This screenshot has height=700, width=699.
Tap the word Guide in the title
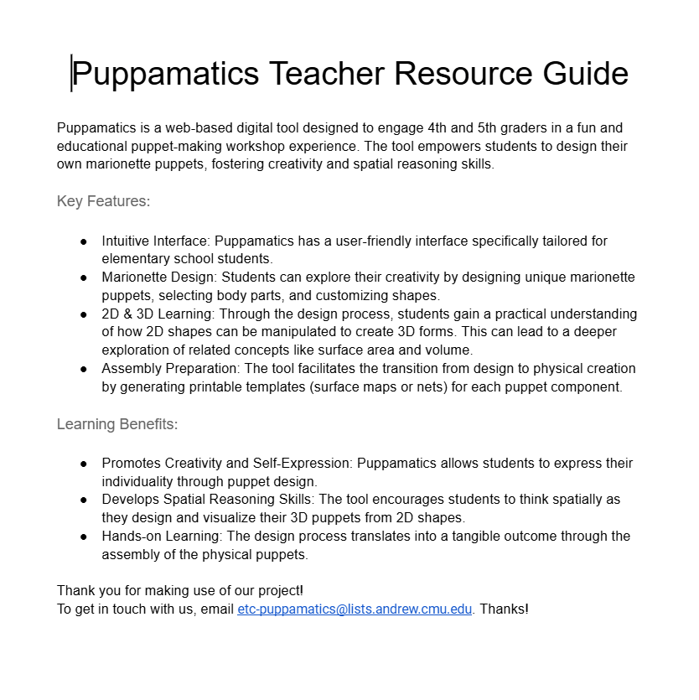[x=585, y=74]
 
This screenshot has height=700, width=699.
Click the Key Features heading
[x=103, y=201]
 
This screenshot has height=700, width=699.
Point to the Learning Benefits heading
[x=117, y=424]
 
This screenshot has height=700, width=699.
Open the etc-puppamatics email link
[x=355, y=609]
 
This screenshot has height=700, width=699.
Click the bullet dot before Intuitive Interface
[x=84, y=241]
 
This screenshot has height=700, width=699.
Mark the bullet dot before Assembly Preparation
[x=84, y=369]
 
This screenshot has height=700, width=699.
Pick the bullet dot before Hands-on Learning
[x=84, y=537]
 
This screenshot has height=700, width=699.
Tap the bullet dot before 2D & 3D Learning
[x=84, y=314]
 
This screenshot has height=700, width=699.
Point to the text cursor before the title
[x=72, y=74]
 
